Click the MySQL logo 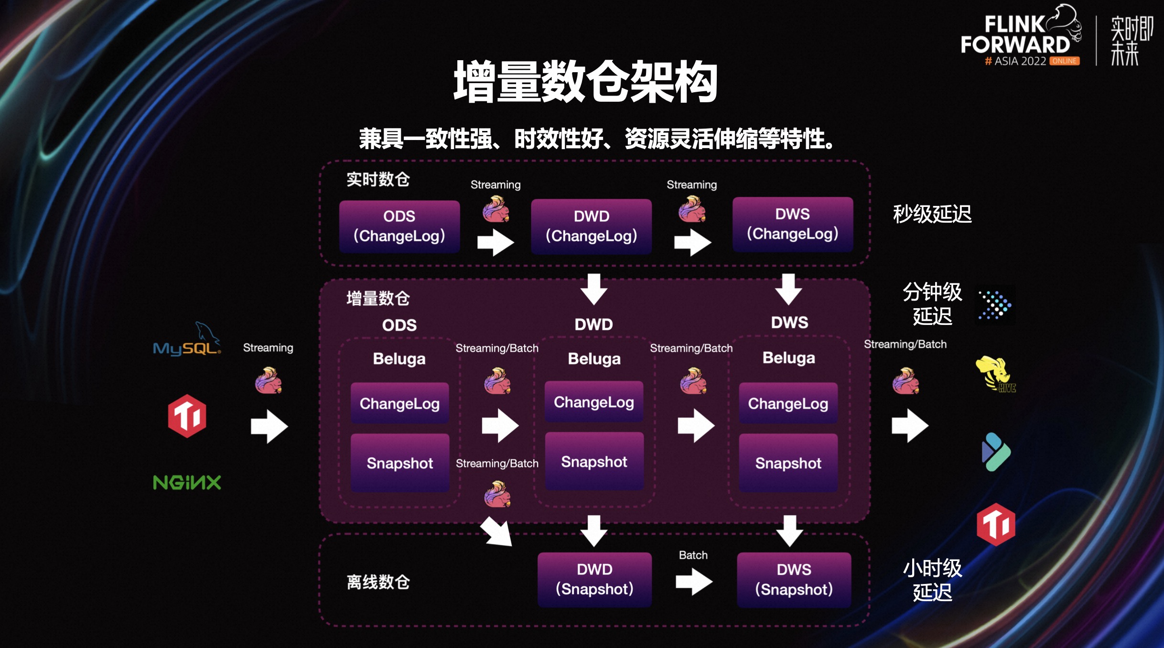(x=187, y=342)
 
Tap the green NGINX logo (x=187, y=482)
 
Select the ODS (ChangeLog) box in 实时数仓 (x=399, y=226)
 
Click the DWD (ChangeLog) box (x=592, y=226)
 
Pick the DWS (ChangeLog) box (x=793, y=224)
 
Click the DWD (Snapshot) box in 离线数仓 (x=594, y=579)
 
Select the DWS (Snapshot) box (x=794, y=580)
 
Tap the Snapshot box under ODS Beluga (x=400, y=463)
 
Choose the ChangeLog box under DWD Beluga (x=594, y=402)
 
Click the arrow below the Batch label (x=694, y=581)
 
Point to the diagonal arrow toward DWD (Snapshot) (x=497, y=531)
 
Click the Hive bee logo (x=995, y=374)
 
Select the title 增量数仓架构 (x=585, y=82)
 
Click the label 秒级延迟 (x=932, y=214)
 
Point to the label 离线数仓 (x=378, y=582)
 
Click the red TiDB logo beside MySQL (x=187, y=416)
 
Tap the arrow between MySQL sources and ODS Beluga (x=269, y=426)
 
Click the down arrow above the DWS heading (x=788, y=289)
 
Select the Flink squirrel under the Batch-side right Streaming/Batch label (x=905, y=381)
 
